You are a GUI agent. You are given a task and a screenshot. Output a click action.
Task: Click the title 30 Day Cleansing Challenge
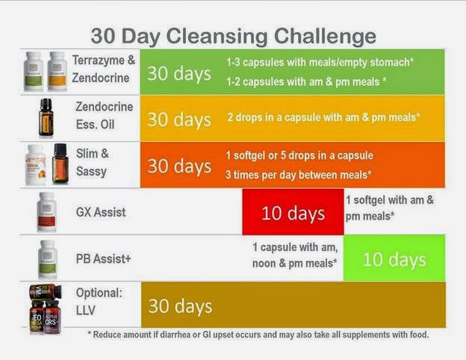pyautogui.click(x=233, y=36)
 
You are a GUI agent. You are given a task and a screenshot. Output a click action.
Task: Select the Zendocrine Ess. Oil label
pyautogui.click(x=104, y=114)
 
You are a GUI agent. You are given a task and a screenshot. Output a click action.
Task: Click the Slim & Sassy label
pyautogui.click(x=93, y=162)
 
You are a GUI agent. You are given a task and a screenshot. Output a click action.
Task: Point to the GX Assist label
pyautogui.click(x=101, y=212)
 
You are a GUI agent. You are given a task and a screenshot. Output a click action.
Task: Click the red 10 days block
pyautogui.click(x=292, y=213)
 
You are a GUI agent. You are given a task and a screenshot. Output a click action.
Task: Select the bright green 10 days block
pyautogui.click(x=394, y=259)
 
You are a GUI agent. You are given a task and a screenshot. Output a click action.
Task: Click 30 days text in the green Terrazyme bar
pyautogui.click(x=178, y=73)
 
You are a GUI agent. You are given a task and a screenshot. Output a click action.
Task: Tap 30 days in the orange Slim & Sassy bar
pyautogui.click(x=178, y=165)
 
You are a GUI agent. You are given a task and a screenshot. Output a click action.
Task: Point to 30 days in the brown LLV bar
pyautogui.click(x=179, y=306)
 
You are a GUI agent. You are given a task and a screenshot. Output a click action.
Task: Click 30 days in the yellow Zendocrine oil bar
pyautogui.click(x=178, y=119)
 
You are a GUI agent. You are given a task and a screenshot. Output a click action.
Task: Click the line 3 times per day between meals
pyautogui.click(x=299, y=173)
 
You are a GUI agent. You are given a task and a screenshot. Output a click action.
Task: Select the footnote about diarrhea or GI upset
pyautogui.click(x=258, y=334)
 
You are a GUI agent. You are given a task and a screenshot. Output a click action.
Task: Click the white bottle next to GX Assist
pyautogui.click(x=47, y=212)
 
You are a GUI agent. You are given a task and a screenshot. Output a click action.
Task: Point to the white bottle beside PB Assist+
pyautogui.click(x=47, y=258)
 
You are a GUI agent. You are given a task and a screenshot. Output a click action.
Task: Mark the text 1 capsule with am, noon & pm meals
pyautogui.click(x=293, y=255)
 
